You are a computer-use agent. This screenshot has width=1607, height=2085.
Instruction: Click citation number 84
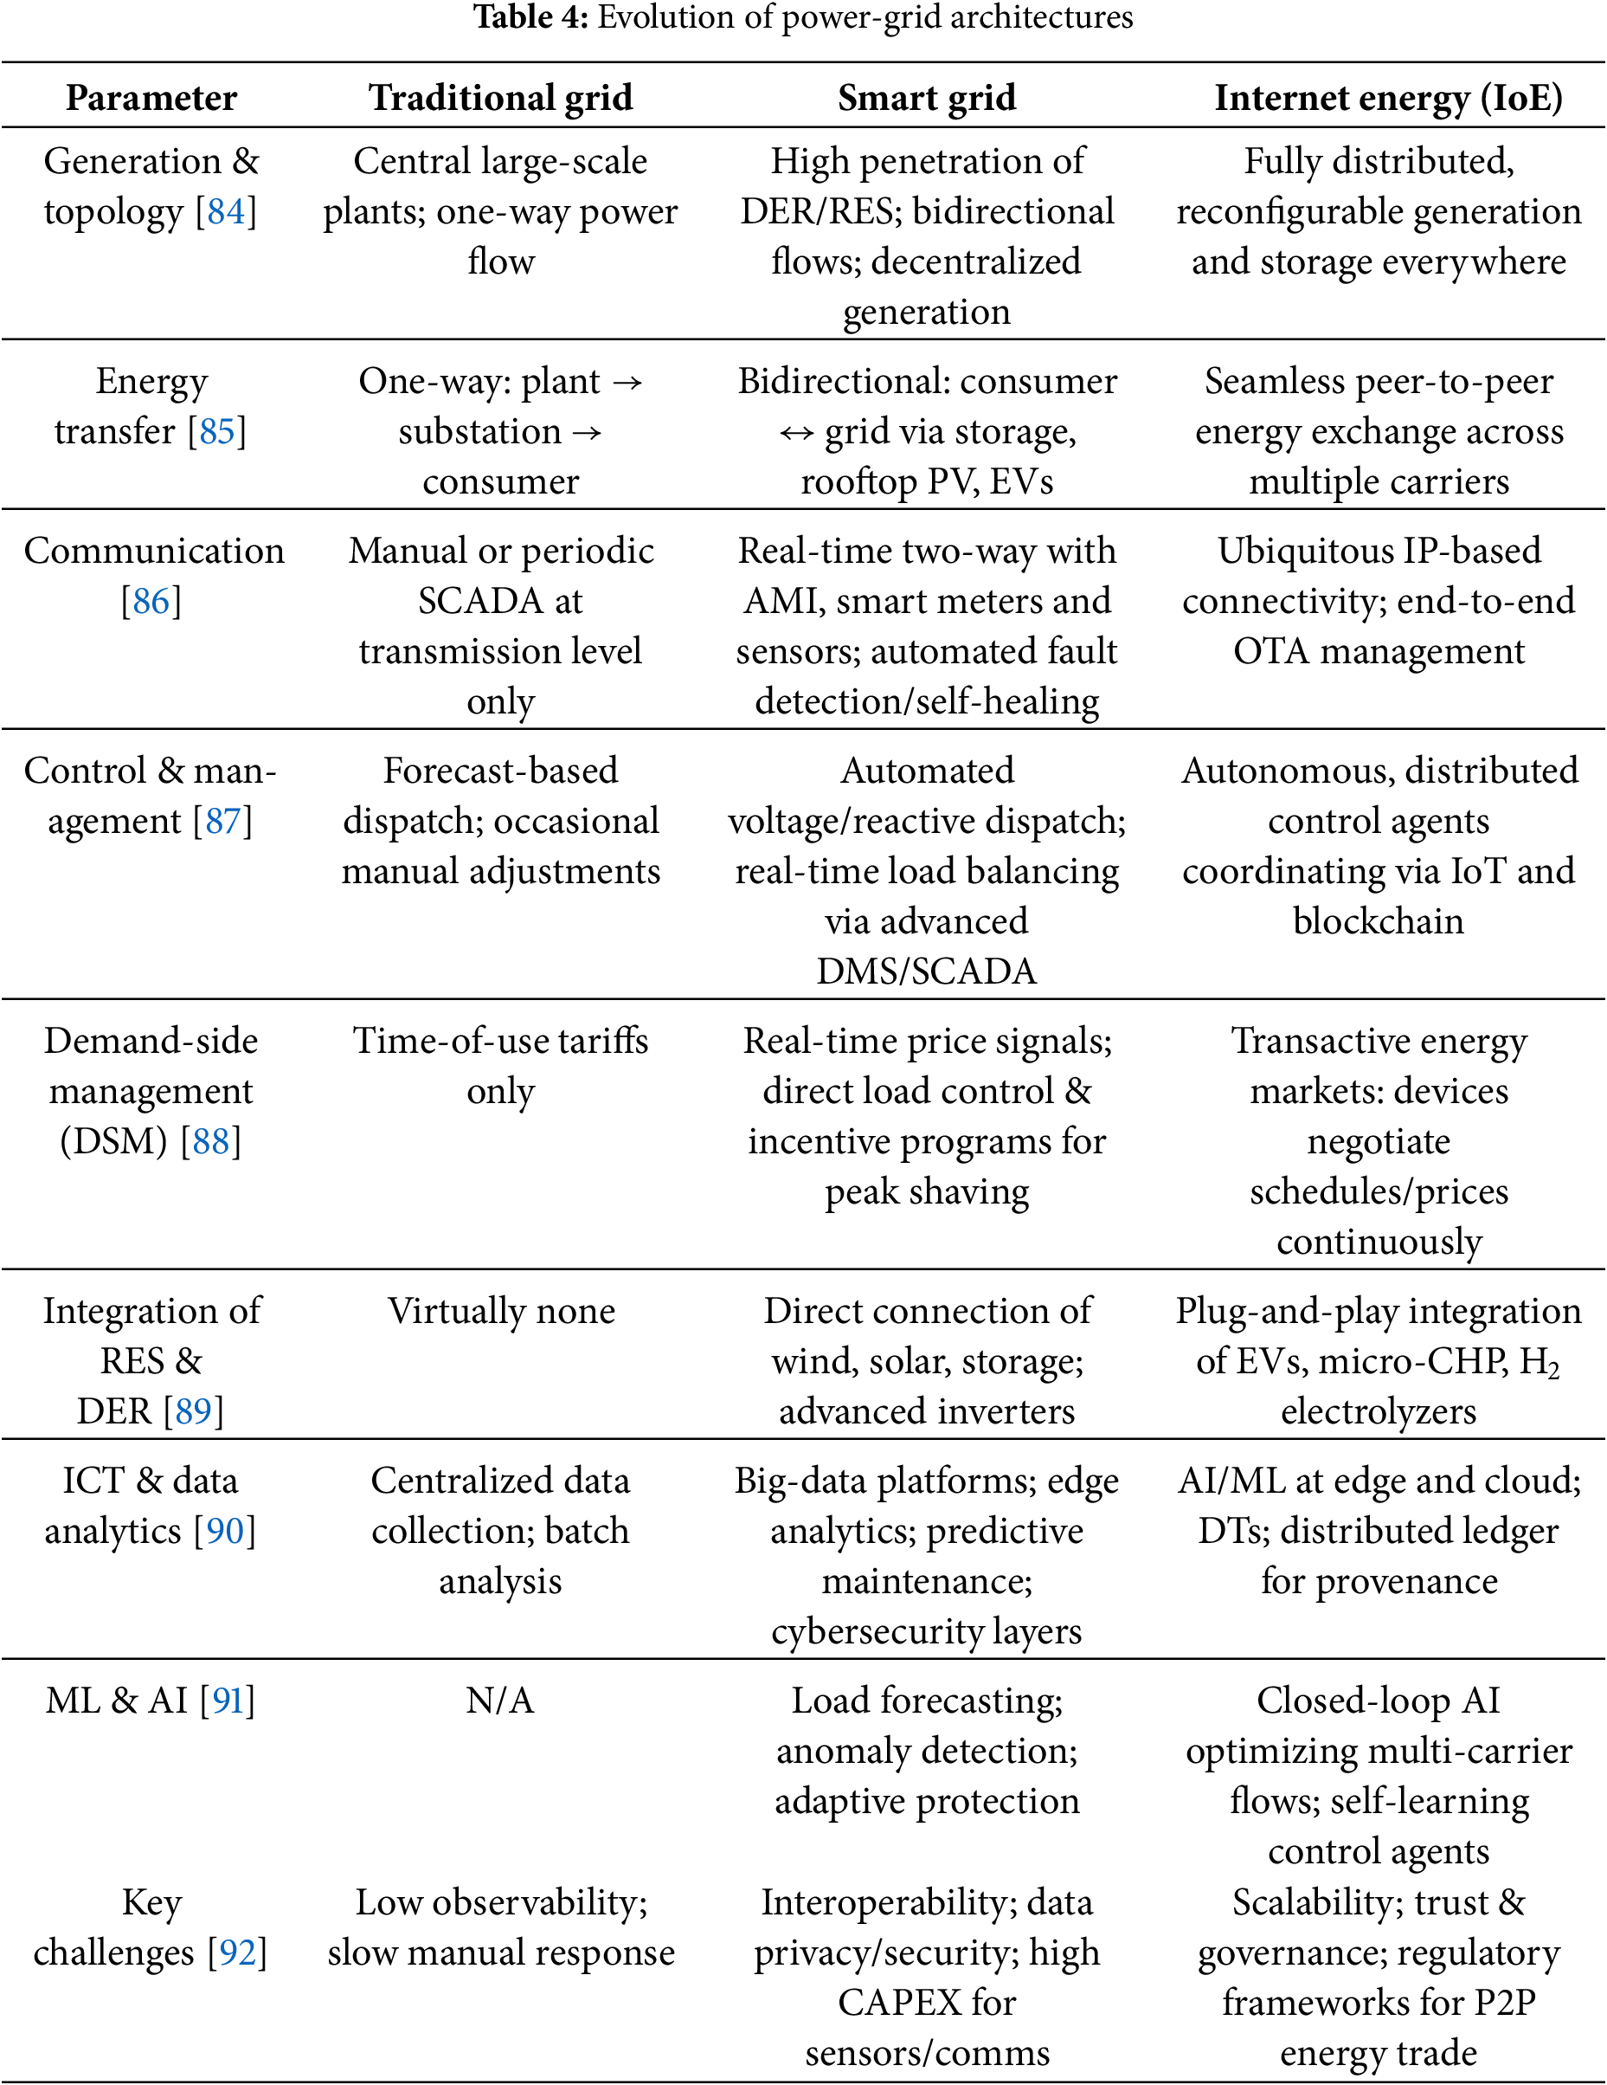[226, 212]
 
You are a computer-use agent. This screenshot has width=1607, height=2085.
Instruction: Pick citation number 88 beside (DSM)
[211, 1142]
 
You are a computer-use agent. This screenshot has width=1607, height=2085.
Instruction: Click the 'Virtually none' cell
[501, 1311]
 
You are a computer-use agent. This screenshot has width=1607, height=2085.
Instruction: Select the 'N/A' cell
[500, 1701]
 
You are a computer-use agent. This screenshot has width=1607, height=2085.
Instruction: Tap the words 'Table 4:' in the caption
[531, 17]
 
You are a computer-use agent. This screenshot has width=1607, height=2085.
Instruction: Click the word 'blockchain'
[1378, 921]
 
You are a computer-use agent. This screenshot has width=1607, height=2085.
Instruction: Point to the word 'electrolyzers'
[1378, 1411]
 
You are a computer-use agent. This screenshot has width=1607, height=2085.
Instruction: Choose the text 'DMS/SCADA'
[927, 971]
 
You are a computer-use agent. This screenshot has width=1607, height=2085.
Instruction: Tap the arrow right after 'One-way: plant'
[627, 383]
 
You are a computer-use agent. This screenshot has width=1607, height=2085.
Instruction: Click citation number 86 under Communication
[151, 602]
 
